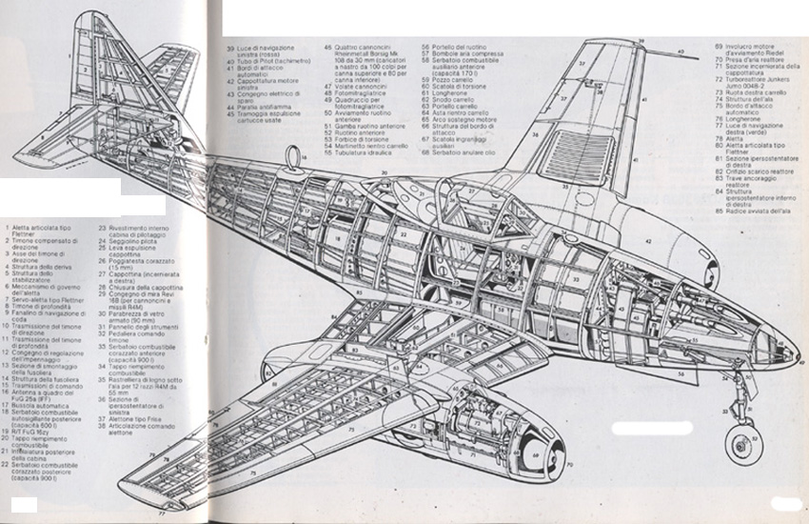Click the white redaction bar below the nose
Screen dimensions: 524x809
[651, 428]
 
